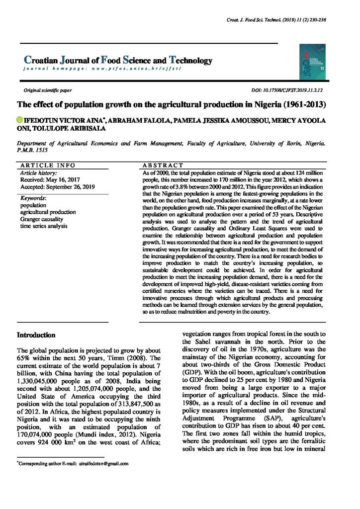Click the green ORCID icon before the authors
(x=20, y=120)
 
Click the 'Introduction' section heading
(x=36, y=335)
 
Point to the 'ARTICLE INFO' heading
(x=48, y=165)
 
